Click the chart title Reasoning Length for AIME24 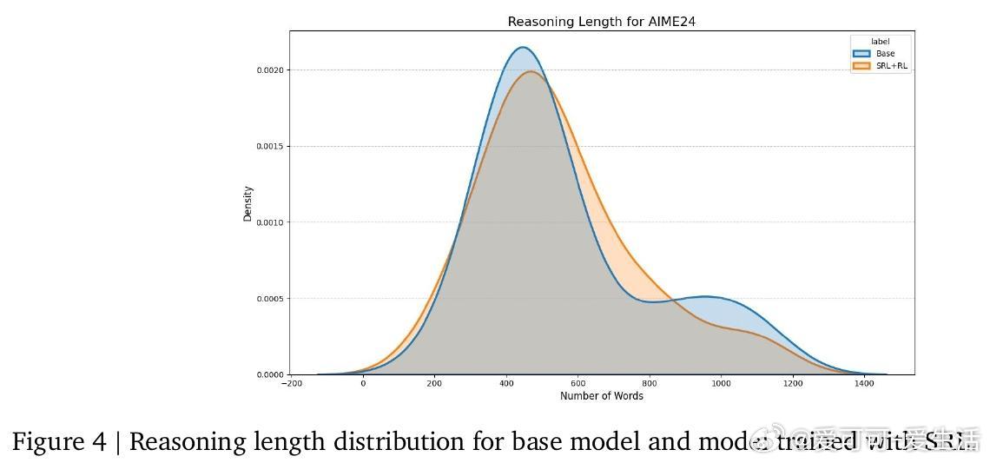(601, 22)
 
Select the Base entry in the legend (885, 54)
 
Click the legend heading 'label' (881, 42)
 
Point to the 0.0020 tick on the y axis (269, 69)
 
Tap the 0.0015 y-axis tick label (269, 146)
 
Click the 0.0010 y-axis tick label (269, 222)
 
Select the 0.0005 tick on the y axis (269, 299)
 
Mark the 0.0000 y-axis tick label (269, 375)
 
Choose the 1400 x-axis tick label (863, 384)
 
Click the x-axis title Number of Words (602, 396)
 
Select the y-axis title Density (248, 203)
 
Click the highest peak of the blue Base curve (522, 48)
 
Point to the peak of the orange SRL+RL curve (531, 71)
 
